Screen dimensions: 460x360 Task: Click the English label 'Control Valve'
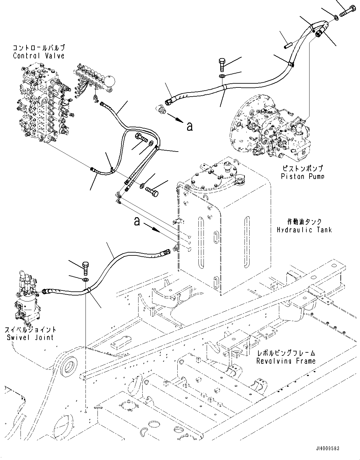tap(38, 56)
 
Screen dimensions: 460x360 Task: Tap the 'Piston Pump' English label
tap(302, 176)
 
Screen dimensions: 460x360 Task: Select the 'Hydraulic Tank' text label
tap(304, 230)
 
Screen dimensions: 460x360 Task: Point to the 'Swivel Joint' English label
tap(30, 337)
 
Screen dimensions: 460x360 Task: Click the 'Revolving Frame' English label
tap(286, 361)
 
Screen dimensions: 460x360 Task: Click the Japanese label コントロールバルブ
tap(38, 48)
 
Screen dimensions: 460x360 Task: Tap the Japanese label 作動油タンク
tap(304, 222)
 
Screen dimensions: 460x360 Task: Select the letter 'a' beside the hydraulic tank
tap(137, 221)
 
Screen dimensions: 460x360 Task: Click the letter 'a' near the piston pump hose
tap(189, 126)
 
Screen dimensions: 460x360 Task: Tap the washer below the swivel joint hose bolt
tap(86, 280)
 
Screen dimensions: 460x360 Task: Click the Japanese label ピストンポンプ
tap(302, 169)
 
